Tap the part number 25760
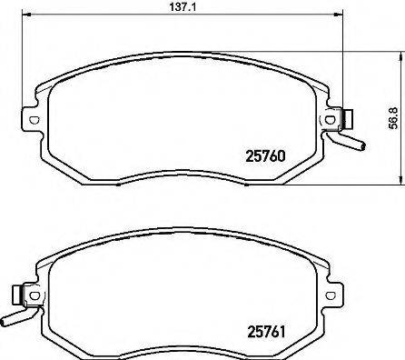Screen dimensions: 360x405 267,155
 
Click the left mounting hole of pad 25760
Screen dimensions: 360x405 34,117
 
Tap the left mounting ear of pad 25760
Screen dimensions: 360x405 32,118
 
